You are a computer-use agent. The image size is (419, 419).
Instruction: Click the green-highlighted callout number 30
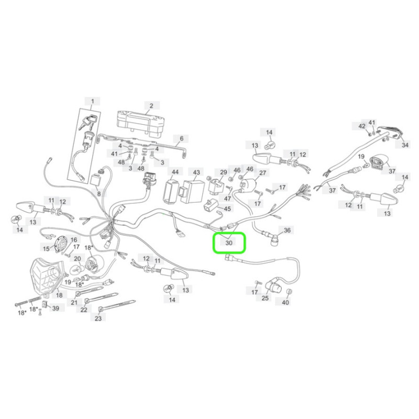coord(229,243)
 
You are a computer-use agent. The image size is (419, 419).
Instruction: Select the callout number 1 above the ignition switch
coord(93,101)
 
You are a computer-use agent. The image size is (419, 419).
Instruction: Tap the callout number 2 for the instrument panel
coord(151,106)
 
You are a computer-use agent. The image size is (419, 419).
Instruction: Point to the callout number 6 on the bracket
coord(182,138)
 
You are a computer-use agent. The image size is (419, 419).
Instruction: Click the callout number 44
coord(175,172)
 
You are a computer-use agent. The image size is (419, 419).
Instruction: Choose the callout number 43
coord(196,172)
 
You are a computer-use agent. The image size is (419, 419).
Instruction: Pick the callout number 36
coord(286,230)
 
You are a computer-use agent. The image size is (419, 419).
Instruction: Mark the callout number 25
coord(265,297)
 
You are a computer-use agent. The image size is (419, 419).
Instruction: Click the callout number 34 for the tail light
coord(405,145)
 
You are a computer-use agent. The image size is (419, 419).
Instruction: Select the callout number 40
coord(285,302)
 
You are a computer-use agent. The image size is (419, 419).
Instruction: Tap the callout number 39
coord(56,308)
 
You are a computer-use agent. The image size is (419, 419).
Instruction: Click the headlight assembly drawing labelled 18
coord(46,277)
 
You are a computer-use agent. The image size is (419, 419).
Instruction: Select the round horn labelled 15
coord(58,244)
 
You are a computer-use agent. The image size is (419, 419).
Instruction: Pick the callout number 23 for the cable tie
coord(98,318)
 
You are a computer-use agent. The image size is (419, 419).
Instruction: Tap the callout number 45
coord(227,208)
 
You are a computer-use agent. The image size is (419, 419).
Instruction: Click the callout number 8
coord(99,193)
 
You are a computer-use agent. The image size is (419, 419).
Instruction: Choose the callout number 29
coord(224,172)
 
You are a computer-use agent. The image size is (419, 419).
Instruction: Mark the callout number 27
coord(263,173)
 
